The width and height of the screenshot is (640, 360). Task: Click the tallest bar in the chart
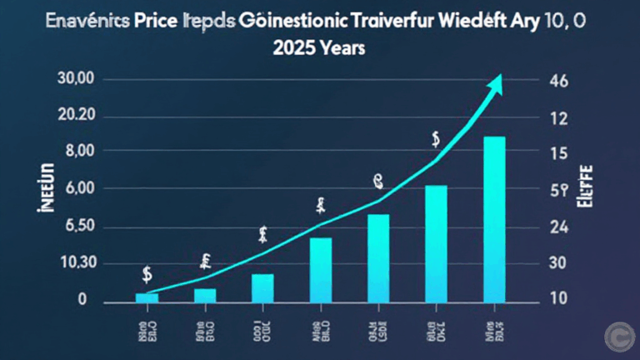coord(493,218)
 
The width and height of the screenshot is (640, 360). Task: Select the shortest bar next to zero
coord(147,297)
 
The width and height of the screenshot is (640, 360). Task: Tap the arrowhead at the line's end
coord(497,80)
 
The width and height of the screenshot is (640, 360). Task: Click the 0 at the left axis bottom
coord(82,299)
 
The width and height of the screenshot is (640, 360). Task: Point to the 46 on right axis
coord(555,82)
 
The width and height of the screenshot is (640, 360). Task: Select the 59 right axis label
coord(555,190)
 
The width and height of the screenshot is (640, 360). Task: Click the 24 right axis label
coord(555,227)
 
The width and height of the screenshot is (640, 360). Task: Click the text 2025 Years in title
coord(319,48)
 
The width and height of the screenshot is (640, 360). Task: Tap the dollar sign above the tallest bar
coord(435,139)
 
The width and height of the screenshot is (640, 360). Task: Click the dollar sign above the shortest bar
coord(147,273)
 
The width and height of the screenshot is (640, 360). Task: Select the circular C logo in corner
coord(617,336)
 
